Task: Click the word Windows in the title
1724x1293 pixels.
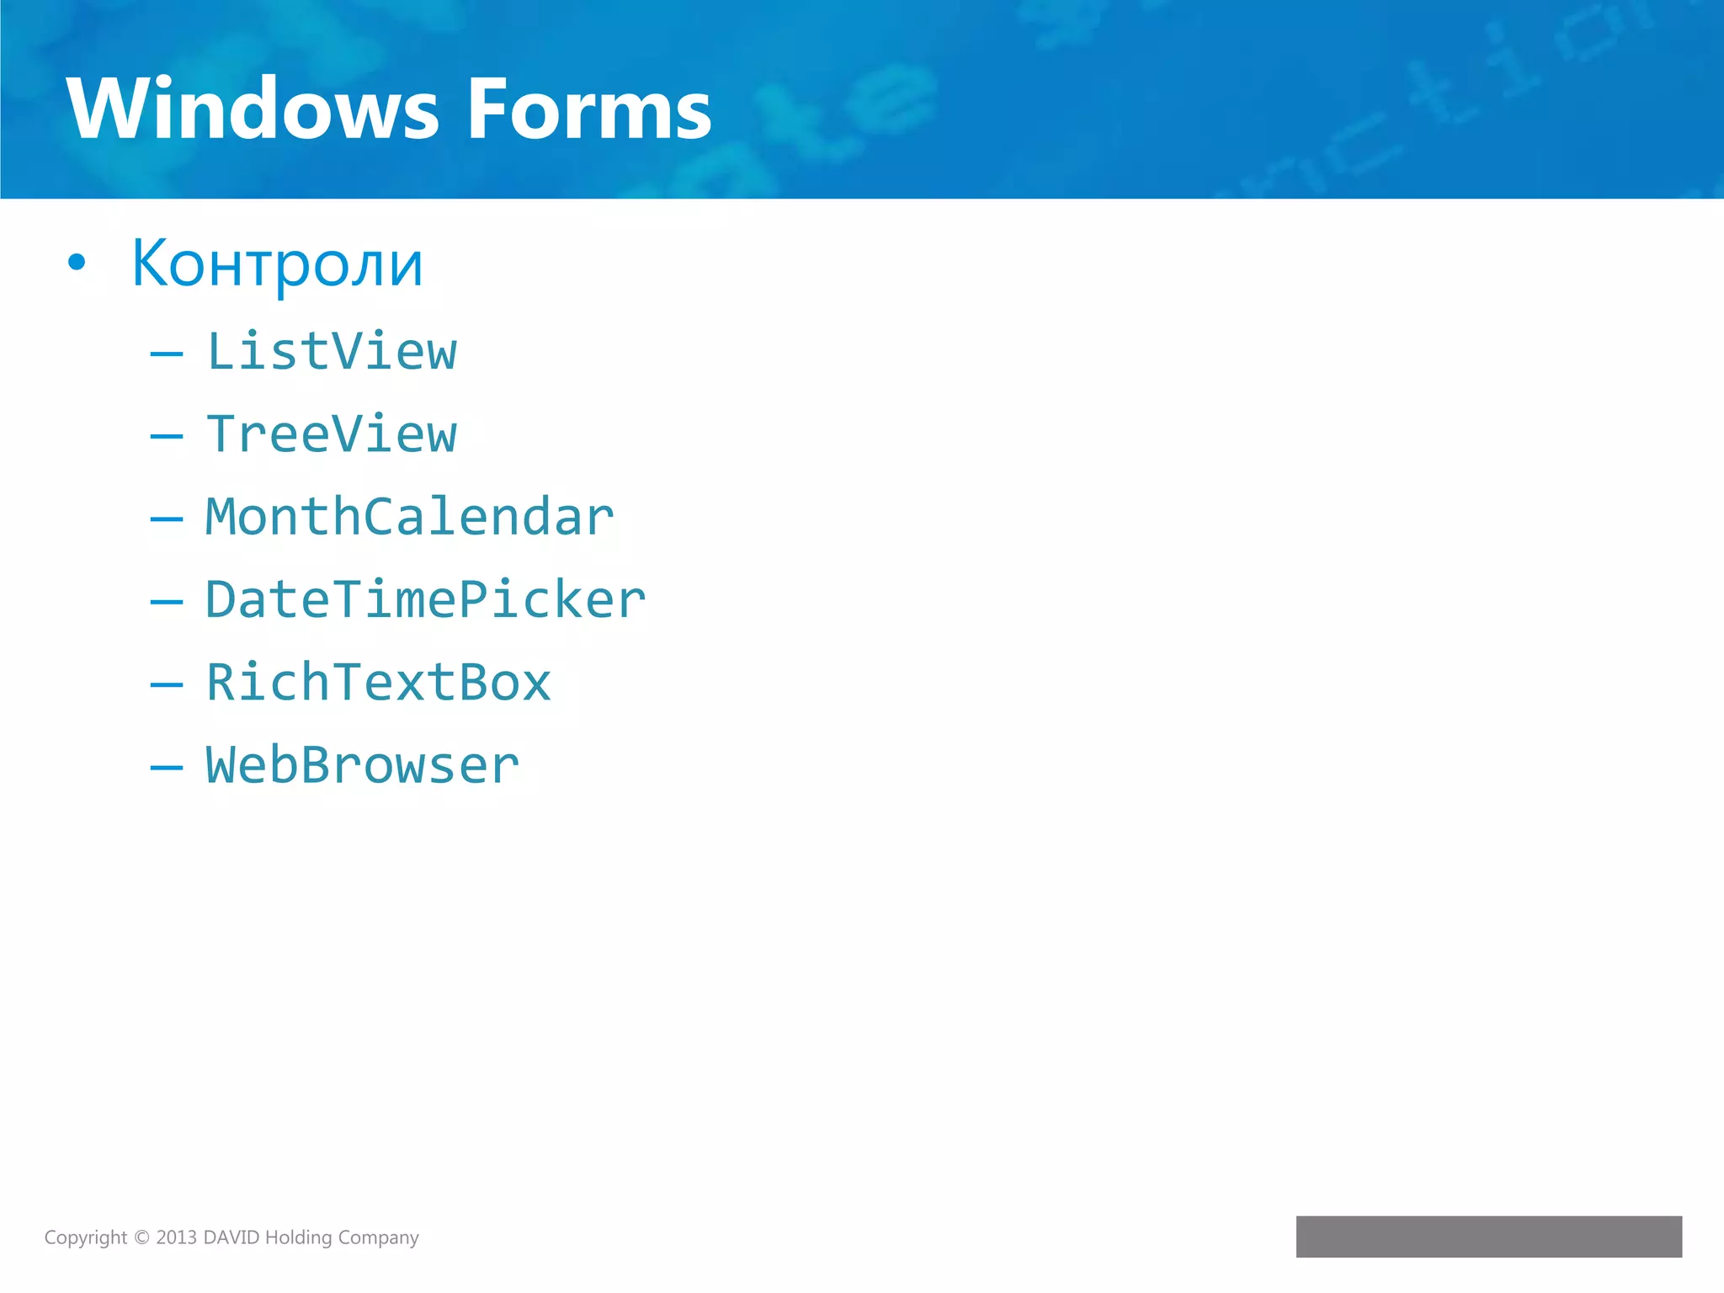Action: point(253,109)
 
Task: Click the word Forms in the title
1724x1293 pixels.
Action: point(589,109)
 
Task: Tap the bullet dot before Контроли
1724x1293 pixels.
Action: point(77,263)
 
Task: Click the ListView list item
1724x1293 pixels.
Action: point(332,351)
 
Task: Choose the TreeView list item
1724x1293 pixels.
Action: point(332,434)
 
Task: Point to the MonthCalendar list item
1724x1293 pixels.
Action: point(410,517)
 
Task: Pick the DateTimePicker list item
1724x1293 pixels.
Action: point(426,599)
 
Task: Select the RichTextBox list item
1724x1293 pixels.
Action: point(379,682)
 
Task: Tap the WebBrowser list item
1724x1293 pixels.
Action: point(363,765)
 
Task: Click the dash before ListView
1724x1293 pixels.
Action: point(166,354)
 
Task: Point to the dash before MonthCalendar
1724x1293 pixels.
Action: point(166,519)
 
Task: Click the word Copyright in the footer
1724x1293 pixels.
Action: point(85,1237)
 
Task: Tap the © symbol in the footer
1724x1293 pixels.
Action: point(141,1237)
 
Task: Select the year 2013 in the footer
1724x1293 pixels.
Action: point(176,1237)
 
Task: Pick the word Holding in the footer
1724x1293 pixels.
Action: point(298,1237)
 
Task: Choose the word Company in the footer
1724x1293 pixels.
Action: point(378,1237)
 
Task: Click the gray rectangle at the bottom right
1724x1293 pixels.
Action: point(1488,1236)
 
